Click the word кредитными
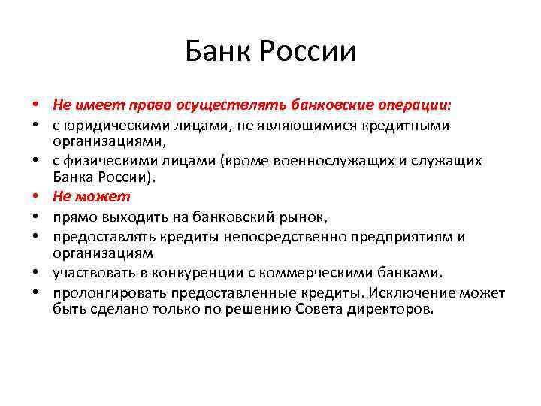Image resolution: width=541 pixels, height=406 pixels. (413, 125)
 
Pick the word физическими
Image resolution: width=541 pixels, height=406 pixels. (104, 161)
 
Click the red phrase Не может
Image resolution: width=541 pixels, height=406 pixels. (91, 197)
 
